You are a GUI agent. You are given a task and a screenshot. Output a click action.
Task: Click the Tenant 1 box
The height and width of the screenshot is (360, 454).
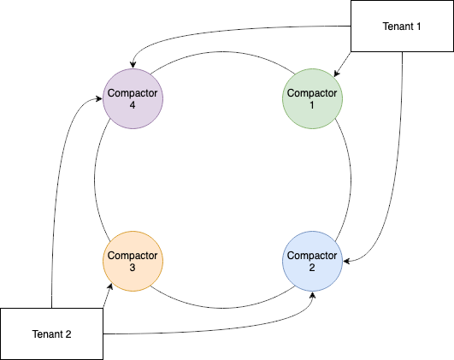click(x=402, y=26)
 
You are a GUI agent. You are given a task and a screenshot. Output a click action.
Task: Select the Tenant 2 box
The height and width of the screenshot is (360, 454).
click(x=52, y=333)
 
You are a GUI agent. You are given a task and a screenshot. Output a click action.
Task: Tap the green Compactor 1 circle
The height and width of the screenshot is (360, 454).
click(x=312, y=98)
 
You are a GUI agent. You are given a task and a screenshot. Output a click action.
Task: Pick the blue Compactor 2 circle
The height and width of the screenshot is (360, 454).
click(x=312, y=262)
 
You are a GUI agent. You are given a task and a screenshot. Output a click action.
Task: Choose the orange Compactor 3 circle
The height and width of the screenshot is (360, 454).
click(x=133, y=262)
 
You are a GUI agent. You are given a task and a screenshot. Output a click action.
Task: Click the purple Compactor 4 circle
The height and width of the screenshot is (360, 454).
click(x=133, y=98)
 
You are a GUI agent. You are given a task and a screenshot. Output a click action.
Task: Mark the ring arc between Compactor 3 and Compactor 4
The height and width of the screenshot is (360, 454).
click(x=95, y=180)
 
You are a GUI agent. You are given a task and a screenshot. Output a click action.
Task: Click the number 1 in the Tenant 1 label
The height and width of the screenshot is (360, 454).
click(x=421, y=26)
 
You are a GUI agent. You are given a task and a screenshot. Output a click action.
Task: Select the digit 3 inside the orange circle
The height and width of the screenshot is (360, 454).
click(x=133, y=268)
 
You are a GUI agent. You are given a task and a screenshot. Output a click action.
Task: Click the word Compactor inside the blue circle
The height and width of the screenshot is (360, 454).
click(x=312, y=256)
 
